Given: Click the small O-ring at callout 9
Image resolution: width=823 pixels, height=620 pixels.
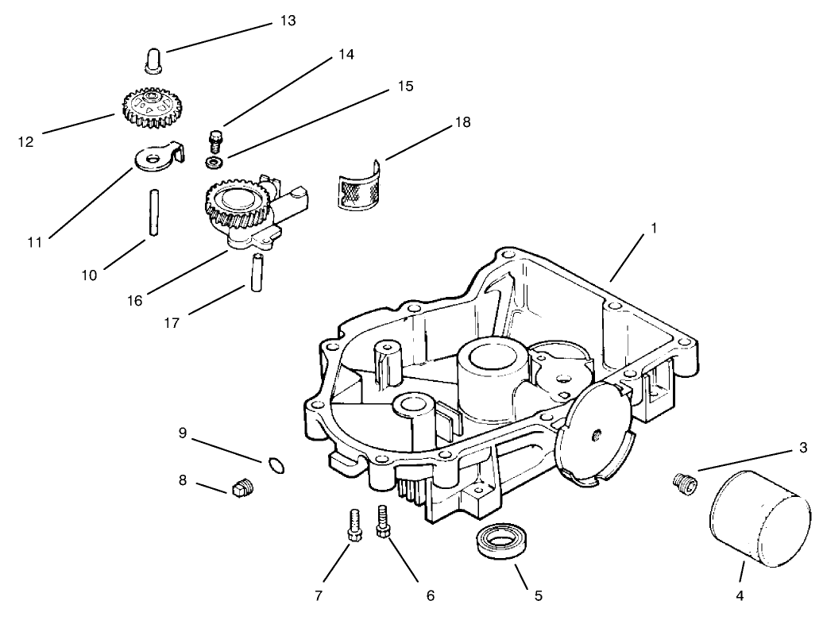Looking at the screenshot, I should pos(276,464).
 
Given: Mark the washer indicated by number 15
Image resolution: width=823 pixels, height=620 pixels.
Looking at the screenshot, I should pos(213,163).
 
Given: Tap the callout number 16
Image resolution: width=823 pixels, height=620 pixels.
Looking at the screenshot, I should pos(134,300).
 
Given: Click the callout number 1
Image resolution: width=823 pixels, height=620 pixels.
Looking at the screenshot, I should pos(653,228).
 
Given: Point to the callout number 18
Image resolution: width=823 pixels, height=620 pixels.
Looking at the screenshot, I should pos(462,122).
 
